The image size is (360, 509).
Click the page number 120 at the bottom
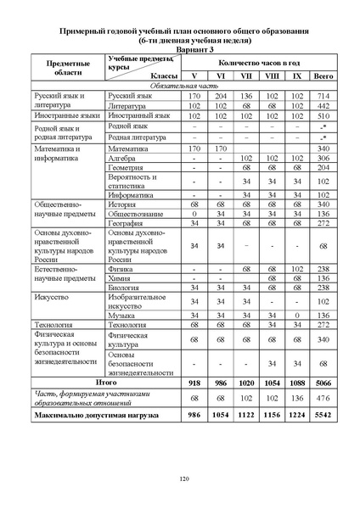pyautogui.click(x=183, y=480)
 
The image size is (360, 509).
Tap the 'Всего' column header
pyautogui.click(x=323, y=76)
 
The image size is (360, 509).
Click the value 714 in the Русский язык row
pyautogui.click(x=323, y=96)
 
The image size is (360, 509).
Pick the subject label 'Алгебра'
pyautogui.click(x=124, y=158)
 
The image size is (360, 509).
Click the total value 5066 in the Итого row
pyautogui.click(x=323, y=383)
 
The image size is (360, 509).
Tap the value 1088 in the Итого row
pyautogui.click(x=297, y=383)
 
